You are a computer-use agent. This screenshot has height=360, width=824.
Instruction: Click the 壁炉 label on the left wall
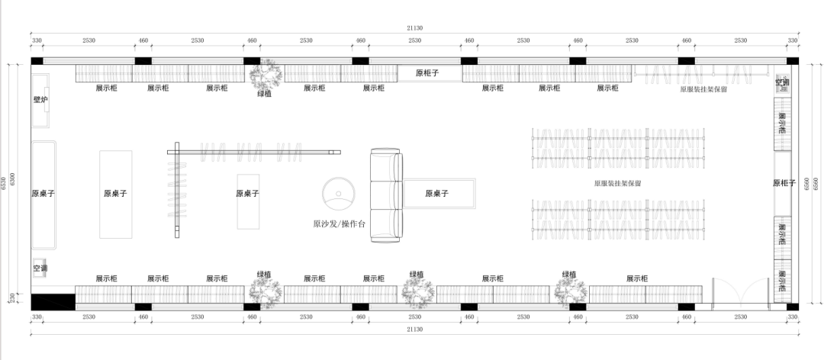pyautogui.click(x=40, y=99)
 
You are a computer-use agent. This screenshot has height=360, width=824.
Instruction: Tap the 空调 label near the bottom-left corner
pyautogui.click(x=40, y=268)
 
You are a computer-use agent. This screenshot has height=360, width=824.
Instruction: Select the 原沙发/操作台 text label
pyautogui.click(x=340, y=224)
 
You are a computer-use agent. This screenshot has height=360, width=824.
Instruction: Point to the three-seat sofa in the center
pyautogui.click(x=385, y=194)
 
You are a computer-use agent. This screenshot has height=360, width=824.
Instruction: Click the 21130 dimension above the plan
pyautogui.click(x=414, y=28)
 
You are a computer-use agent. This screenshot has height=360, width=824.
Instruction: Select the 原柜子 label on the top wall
pyautogui.click(x=428, y=73)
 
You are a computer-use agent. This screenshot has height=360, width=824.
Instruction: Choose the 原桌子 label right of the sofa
pyautogui.click(x=436, y=194)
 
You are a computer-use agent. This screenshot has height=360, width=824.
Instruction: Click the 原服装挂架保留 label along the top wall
pyautogui.click(x=703, y=89)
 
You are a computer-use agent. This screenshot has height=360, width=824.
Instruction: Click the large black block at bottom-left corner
pyautogui.click(x=53, y=302)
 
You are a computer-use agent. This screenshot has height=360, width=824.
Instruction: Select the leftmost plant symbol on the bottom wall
pyautogui.click(x=264, y=291)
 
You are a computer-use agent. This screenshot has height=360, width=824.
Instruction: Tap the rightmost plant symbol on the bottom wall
pyautogui.click(x=571, y=291)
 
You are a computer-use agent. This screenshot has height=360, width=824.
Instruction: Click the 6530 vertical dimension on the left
pyautogui.click(x=7, y=182)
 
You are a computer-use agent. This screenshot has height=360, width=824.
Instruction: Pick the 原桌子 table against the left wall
pyautogui.click(x=43, y=194)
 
